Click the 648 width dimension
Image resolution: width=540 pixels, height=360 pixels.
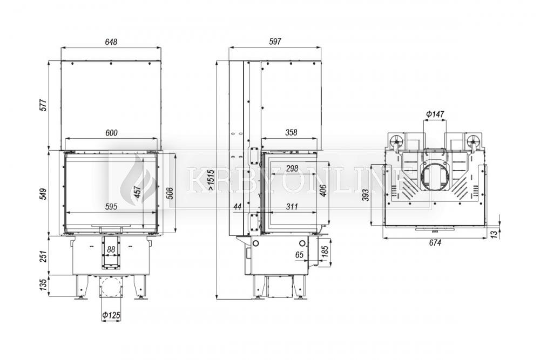coord(111,42)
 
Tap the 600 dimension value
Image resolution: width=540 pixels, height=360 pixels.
coord(111,133)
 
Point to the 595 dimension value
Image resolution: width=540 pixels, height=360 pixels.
coord(111,207)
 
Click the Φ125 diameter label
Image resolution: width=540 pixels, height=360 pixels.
coord(111,315)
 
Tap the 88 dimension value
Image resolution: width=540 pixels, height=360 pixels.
coord(111,250)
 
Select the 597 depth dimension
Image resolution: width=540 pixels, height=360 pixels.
coord(275,42)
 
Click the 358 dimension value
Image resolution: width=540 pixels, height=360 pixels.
coord(291,133)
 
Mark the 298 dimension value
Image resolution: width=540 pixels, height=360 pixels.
coord(292,168)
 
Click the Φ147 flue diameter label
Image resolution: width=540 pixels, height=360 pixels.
coord(435,114)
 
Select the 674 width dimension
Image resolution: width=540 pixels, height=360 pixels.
coord(435,243)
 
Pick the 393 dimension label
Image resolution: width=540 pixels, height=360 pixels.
coord(366,195)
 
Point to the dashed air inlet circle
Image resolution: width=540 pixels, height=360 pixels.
coord(111,287)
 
